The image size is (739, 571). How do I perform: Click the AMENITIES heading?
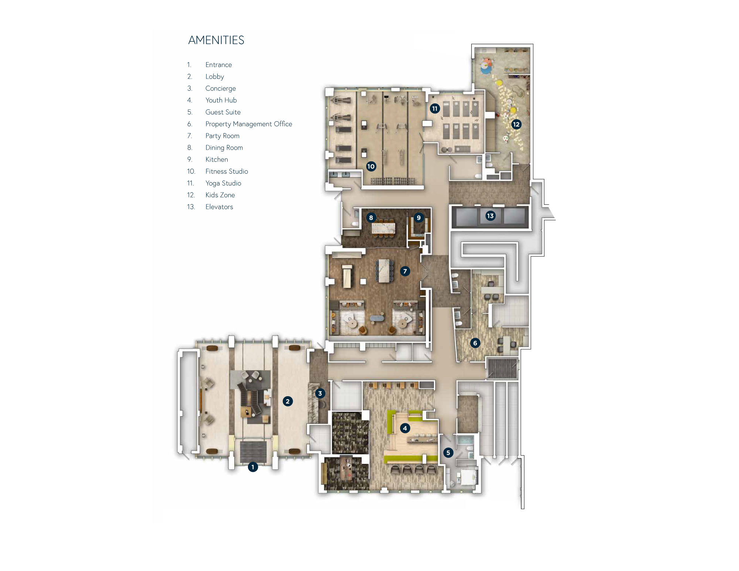point(216,40)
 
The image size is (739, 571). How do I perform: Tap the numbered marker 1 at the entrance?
point(253,467)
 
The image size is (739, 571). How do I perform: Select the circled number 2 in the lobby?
point(287,401)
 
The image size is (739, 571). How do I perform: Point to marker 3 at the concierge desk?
point(320,394)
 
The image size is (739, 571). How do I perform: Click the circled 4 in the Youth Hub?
point(405,428)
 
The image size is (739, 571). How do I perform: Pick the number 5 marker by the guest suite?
point(448,453)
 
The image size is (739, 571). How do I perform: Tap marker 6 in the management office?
point(475,343)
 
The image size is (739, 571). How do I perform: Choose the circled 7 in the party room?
point(405,271)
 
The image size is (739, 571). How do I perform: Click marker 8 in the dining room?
point(371,218)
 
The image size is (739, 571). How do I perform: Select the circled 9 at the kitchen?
point(419,218)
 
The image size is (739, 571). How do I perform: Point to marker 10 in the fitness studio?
point(371,166)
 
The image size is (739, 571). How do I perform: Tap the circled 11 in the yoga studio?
point(435,109)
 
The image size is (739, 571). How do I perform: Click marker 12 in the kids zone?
point(516,125)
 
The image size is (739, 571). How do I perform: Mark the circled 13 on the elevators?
point(490,216)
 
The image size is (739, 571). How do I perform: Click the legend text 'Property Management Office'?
point(249,124)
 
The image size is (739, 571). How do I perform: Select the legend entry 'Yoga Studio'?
point(223,183)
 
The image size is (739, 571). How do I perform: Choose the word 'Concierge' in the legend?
point(221,89)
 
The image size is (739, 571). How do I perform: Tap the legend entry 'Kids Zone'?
point(220,195)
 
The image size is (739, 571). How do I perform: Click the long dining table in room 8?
point(384,228)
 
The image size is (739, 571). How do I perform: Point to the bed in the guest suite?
point(469,477)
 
